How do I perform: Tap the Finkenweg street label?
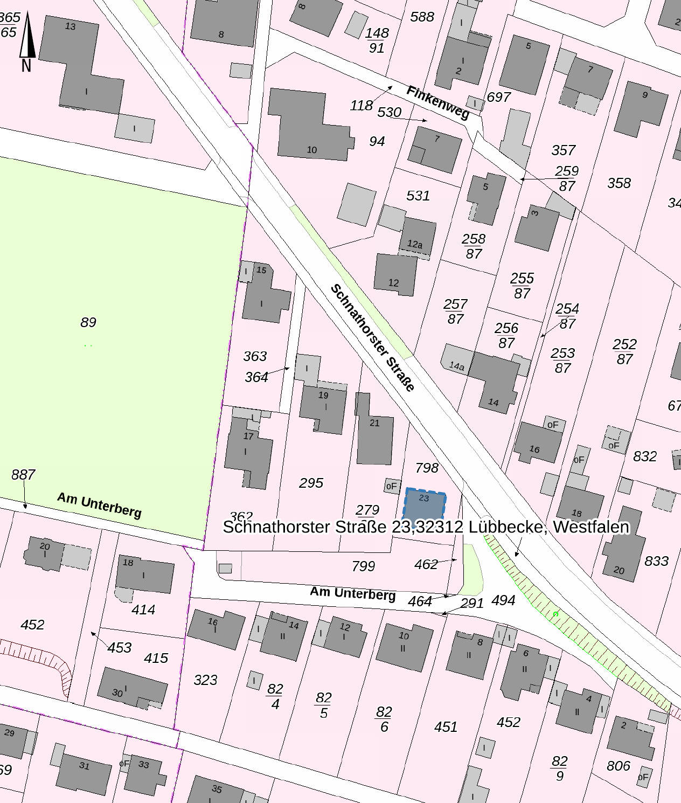coord(437,102)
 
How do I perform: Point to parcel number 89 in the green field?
coord(88,322)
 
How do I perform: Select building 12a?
coord(416,237)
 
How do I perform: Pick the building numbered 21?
coord(374,431)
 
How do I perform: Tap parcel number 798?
coord(427,468)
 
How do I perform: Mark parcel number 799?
coord(363,566)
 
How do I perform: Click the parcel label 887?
coord(23,475)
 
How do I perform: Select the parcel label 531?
coord(418,196)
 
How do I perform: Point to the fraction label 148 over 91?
coord(377,40)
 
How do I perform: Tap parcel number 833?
coord(656,561)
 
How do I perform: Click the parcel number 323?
coord(205,680)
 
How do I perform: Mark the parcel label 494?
coord(503,600)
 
